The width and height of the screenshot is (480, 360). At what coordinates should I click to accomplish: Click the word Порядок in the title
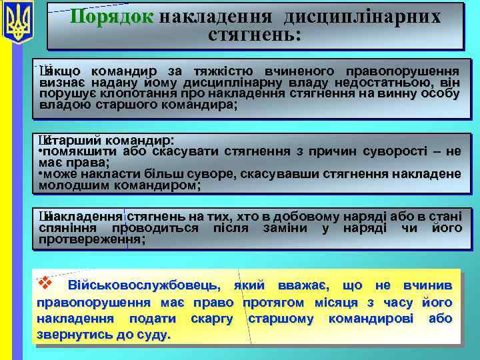click(x=112, y=17)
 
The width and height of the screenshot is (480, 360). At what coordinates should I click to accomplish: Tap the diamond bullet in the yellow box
click(x=45, y=283)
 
